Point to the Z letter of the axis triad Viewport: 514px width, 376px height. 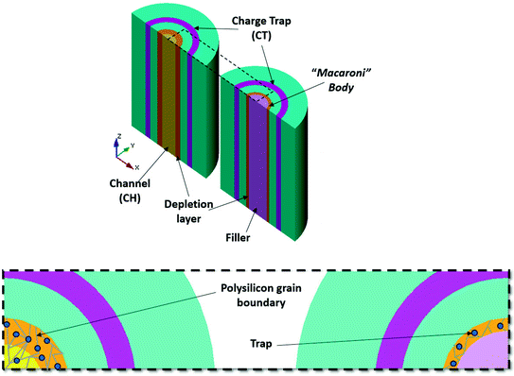coord(117,136)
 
